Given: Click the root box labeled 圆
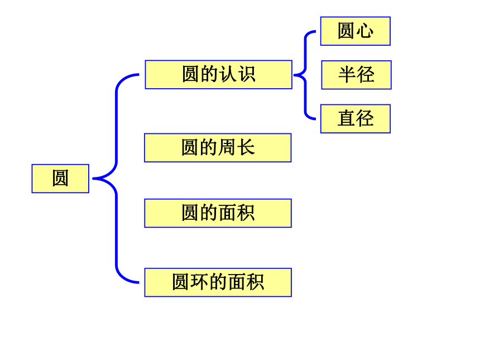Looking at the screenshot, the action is pyautogui.click(x=60, y=179).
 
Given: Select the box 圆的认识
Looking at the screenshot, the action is pyautogui.click(x=219, y=75).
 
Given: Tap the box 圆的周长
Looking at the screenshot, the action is pyautogui.click(x=218, y=147).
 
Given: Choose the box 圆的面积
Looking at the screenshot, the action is pyautogui.click(x=218, y=213).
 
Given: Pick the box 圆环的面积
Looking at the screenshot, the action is pyautogui.click(x=218, y=282).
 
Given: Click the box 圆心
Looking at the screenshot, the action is pyautogui.click(x=356, y=31).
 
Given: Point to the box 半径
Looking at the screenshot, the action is pyautogui.click(x=356, y=75).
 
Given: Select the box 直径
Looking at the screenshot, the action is pyautogui.click(x=356, y=119).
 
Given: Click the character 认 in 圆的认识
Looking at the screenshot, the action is pyautogui.click(x=228, y=74).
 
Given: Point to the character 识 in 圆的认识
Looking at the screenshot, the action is pyautogui.click(x=247, y=74).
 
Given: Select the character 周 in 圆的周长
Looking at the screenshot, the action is pyautogui.click(x=227, y=147).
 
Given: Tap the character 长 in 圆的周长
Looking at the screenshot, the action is pyautogui.click(x=246, y=147).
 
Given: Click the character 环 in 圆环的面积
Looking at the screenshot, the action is pyautogui.click(x=200, y=282).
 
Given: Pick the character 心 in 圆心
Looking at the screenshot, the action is pyautogui.click(x=364, y=31).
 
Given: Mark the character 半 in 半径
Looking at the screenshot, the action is pyautogui.click(x=348, y=74).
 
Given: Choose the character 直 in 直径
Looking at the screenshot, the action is pyautogui.click(x=346, y=118).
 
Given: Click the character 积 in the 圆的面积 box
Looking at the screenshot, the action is pyautogui.click(x=246, y=213).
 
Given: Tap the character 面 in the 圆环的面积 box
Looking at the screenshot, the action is pyautogui.click(x=236, y=282).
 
